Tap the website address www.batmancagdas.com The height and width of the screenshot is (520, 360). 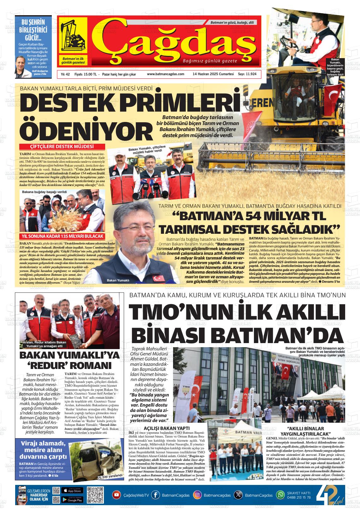[165, 74]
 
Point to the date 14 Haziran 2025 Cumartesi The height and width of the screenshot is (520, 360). [213, 74]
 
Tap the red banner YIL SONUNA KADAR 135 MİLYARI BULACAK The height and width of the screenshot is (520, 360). [63, 236]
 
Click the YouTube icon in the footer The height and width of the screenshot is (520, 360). [117, 495]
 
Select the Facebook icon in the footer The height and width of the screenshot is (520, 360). [155, 495]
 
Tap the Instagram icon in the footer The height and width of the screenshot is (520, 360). [197, 495]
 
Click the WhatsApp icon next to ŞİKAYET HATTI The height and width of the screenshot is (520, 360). [280, 495]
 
